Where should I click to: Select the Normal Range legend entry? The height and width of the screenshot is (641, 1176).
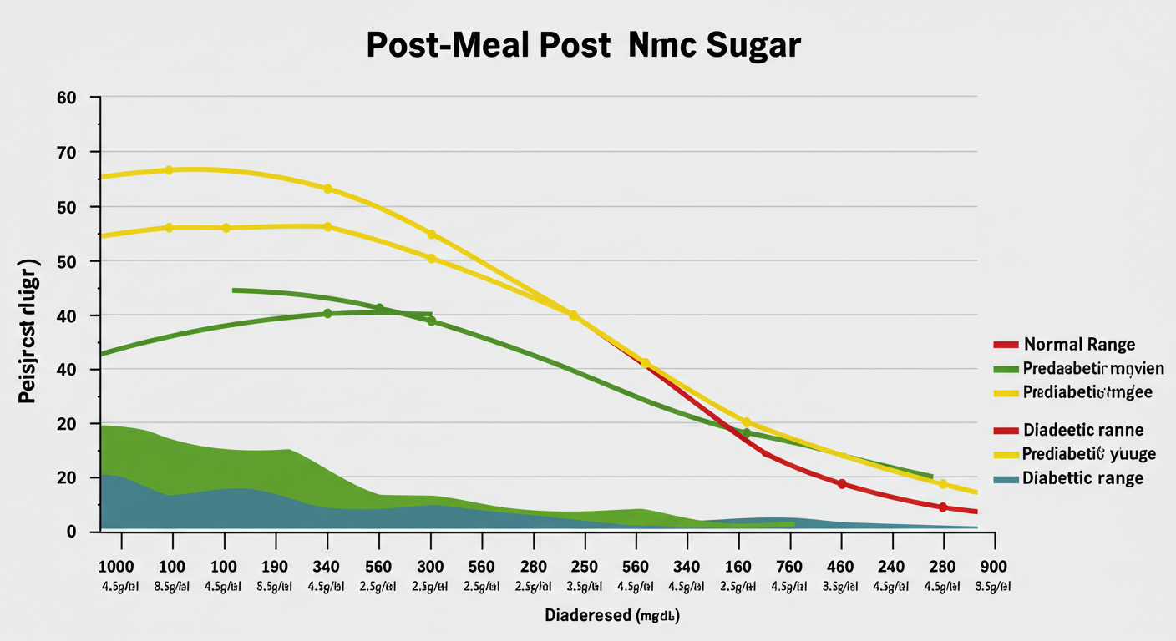coord(1079,344)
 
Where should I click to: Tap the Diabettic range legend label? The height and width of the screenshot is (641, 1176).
coord(1082,478)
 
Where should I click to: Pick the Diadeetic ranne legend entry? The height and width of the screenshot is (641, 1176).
coord(1082,431)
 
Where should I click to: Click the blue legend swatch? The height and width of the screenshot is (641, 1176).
coord(1006,479)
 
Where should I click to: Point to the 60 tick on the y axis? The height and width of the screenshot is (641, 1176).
coord(67,98)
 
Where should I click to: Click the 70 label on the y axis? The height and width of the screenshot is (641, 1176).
coord(67,153)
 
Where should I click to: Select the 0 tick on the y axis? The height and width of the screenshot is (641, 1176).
coord(72,532)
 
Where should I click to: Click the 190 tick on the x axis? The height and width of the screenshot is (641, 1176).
coord(275,566)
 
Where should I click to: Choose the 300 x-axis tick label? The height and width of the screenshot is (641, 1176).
coord(430,566)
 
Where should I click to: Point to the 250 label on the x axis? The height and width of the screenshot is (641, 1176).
coord(585,566)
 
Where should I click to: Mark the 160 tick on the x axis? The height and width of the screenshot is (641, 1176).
coord(738,566)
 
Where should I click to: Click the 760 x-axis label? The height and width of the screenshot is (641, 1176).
coord(789,566)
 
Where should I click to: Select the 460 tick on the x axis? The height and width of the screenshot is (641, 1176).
coord(841,566)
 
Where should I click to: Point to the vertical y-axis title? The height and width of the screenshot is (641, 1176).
coord(28,332)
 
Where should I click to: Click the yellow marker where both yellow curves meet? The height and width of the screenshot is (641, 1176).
coord(573,315)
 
